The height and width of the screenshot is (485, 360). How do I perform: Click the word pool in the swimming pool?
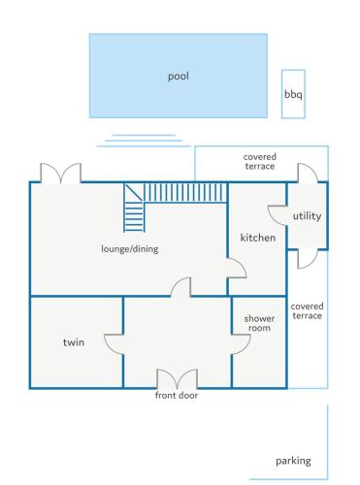click(179, 77)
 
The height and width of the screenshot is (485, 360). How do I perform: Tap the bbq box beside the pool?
click(293, 94)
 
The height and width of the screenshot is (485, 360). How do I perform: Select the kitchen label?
click(258, 238)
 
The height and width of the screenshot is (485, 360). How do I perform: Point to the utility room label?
click(307, 216)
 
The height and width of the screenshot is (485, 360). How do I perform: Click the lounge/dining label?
click(130, 249)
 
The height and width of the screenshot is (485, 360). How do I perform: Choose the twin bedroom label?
click(74, 342)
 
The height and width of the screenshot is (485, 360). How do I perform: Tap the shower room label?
click(259, 323)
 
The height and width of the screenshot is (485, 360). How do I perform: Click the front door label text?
click(177, 395)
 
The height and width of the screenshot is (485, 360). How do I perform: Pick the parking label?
click(293, 461)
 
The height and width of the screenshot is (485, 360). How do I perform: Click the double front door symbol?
click(177, 379)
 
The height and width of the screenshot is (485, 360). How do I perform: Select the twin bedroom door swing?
click(114, 344)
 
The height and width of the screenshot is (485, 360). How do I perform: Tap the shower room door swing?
click(242, 344)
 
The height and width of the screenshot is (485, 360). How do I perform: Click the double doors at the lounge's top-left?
click(60, 173)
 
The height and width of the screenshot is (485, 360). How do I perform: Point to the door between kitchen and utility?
click(278, 215)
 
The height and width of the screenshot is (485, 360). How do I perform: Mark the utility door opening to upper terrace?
click(308, 173)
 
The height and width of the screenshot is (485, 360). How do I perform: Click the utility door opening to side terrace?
click(308, 259)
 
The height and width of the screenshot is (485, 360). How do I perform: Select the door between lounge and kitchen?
click(237, 268)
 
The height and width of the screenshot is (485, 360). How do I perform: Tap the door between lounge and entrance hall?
click(180, 287)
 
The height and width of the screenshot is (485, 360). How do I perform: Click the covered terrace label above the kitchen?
click(260, 161)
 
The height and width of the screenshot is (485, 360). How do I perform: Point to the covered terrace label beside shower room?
click(307, 310)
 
